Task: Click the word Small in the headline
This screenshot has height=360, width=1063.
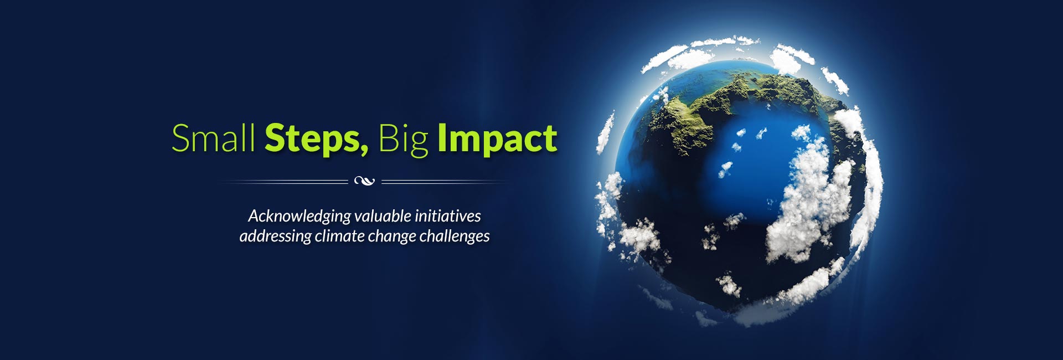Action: [x=213, y=138]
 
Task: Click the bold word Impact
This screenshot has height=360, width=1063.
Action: [x=497, y=140]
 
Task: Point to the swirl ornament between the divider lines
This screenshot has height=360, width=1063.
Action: [x=364, y=181]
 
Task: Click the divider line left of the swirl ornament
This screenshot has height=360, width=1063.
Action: [x=284, y=181]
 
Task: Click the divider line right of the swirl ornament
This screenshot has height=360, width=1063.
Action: [x=445, y=181]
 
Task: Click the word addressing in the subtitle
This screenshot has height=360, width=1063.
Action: [x=275, y=236]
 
